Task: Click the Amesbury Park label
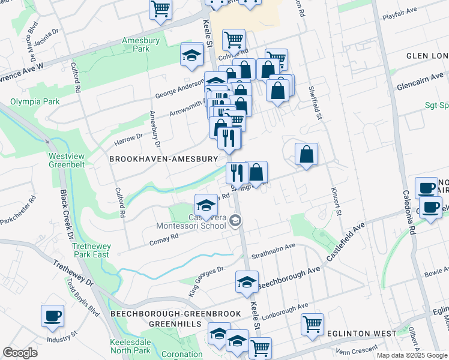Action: tap(135, 45)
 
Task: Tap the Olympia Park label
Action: tap(34, 101)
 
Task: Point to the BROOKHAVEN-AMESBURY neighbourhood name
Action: tap(163, 159)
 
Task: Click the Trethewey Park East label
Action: tap(95, 251)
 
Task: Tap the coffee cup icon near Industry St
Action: tap(52, 316)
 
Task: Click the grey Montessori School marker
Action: tap(235, 222)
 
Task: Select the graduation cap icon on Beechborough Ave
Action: tap(246, 283)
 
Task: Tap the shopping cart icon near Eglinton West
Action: tap(312, 325)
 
